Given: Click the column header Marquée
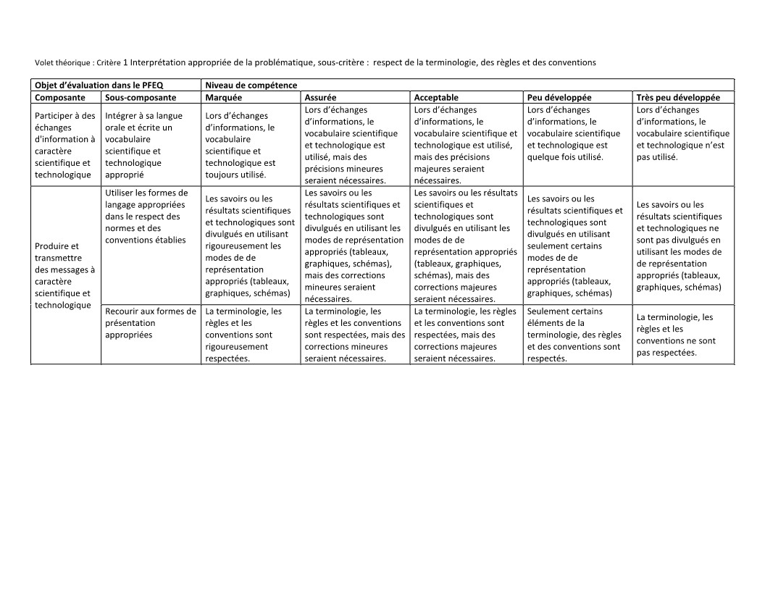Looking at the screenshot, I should point(224,97).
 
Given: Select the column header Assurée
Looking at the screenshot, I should point(320,97).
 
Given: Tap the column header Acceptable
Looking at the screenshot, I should point(436,97).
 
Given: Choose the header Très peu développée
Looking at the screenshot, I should point(678,97).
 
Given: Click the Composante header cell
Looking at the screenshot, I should point(60,97).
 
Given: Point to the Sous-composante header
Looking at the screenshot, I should point(141,97).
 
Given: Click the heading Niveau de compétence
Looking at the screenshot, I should point(251,85).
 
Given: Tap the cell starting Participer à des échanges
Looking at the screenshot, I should point(65,145).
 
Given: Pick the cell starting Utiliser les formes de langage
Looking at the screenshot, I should point(146,216).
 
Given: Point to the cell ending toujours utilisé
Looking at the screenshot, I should point(241,145).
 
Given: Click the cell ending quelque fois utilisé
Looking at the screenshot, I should point(573,133).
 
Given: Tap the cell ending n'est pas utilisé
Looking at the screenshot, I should point(683,133).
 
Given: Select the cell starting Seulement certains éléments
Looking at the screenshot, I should point(574,335).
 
